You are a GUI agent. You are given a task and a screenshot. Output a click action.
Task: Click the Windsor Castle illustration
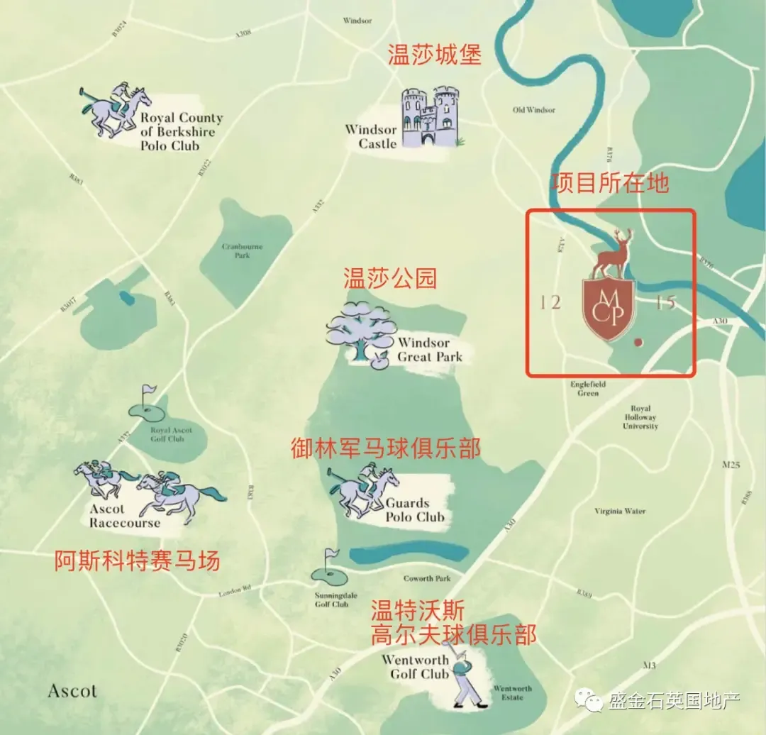(x=431, y=117)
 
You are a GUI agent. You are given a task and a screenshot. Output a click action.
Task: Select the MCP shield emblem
(x=609, y=309)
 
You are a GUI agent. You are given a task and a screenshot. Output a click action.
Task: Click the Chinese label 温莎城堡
(x=434, y=55)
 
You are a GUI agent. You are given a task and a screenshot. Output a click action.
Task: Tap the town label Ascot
(x=72, y=690)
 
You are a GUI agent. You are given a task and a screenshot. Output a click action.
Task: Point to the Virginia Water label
(x=621, y=511)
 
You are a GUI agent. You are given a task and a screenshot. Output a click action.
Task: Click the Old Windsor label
(x=534, y=110)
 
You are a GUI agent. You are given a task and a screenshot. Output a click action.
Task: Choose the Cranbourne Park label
(x=242, y=251)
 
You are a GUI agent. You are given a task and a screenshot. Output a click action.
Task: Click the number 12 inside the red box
(x=550, y=303)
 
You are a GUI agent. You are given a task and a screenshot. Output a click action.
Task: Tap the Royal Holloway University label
(x=640, y=418)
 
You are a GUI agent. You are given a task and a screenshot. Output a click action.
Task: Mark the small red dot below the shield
(x=637, y=342)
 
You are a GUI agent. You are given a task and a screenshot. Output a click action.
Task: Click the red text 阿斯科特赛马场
(x=138, y=562)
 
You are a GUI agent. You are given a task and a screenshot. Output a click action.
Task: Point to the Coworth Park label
(x=427, y=578)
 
